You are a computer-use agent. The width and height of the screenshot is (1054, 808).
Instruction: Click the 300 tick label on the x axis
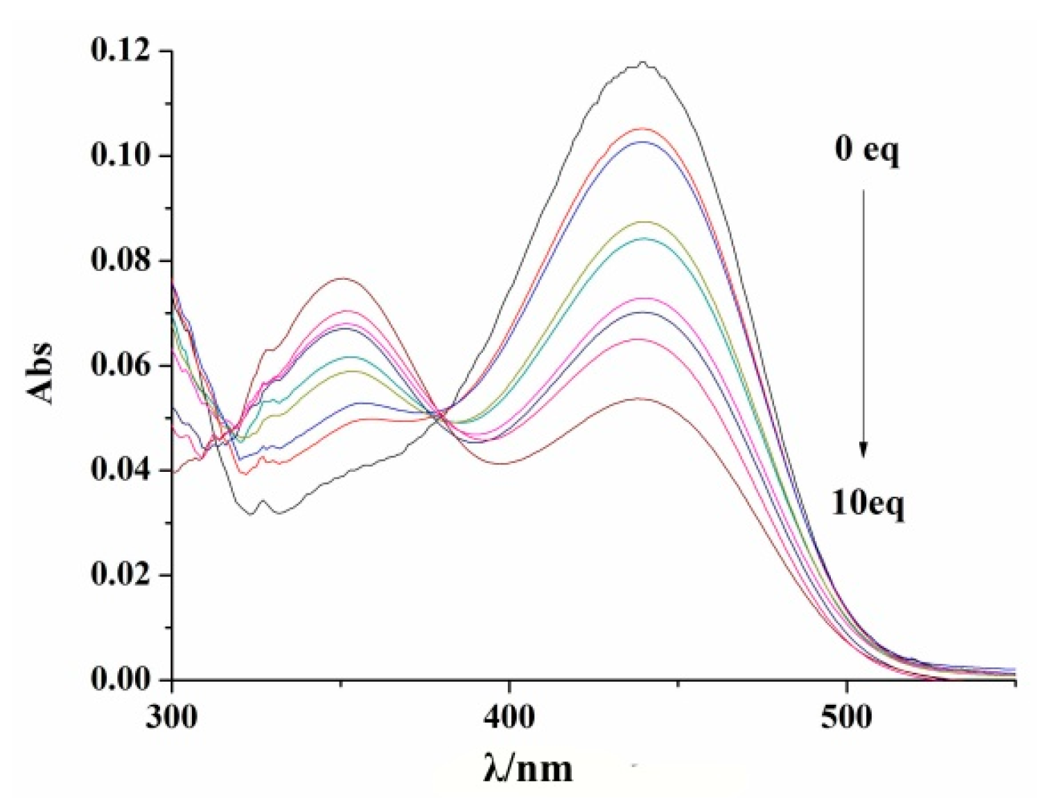tap(172, 717)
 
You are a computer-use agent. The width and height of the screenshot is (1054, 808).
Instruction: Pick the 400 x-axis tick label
tap(509, 717)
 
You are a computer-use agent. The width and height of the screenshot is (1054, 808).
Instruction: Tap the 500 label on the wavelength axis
tap(846, 717)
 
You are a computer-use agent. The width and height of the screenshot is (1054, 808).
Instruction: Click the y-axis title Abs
tap(42, 372)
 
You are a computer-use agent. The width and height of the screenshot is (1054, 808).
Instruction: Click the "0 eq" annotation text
tap(866, 149)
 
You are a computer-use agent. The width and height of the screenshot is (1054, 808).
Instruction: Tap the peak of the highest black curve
tap(644, 62)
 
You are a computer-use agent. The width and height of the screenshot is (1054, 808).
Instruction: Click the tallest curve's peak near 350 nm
tap(342, 279)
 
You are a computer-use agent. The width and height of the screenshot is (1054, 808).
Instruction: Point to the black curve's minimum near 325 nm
tap(252, 514)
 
